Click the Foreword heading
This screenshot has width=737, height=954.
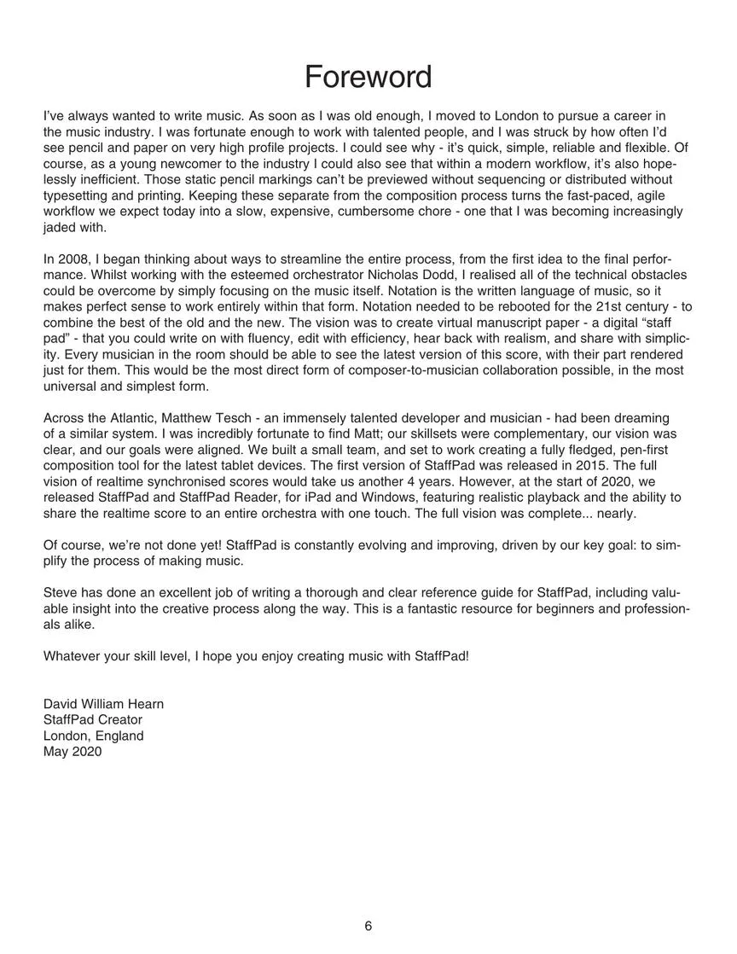click(368, 77)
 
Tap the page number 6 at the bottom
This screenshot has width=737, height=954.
click(368, 926)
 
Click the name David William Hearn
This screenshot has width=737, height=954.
click(103, 704)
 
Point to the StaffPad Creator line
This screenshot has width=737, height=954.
click(93, 720)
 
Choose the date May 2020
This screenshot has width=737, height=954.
click(73, 752)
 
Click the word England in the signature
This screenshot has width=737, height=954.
click(120, 736)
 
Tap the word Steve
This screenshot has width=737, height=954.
click(61, 592)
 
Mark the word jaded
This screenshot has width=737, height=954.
click(61, 228)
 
